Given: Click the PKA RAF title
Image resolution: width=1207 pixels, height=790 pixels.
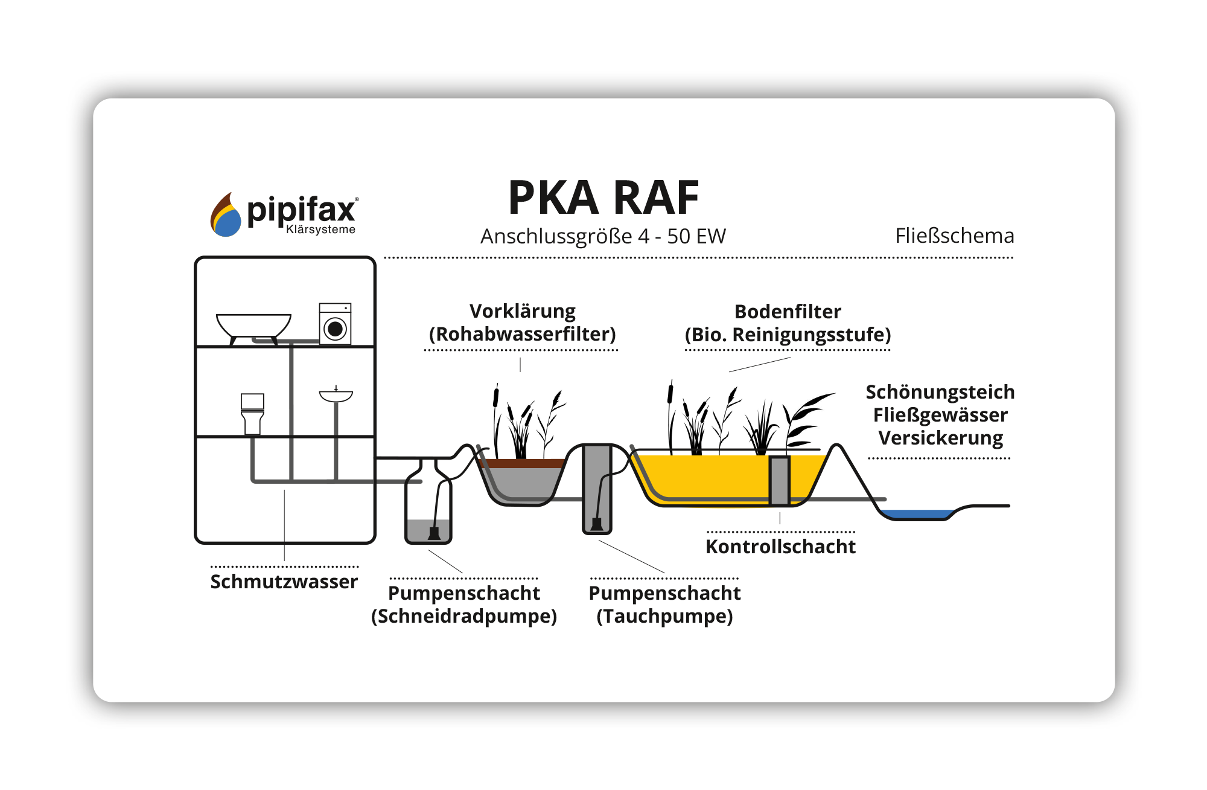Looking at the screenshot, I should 603,198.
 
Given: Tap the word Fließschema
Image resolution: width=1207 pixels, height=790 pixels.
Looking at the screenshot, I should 954,236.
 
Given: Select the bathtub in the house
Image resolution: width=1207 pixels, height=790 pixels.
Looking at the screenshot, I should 253,326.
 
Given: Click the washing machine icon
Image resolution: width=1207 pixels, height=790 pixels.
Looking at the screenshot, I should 335,324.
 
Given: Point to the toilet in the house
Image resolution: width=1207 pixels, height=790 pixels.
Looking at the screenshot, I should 252,413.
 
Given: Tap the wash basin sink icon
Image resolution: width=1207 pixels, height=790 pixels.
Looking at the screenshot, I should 336,396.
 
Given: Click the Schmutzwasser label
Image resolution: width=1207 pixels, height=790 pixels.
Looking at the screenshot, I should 284,582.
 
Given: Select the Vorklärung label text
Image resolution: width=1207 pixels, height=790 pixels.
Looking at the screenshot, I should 523,311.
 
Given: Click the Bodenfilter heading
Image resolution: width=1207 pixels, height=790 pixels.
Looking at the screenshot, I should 788,312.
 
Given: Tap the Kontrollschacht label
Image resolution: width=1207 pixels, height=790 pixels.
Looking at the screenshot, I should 780,547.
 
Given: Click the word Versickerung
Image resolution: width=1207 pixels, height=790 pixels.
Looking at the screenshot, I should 940,438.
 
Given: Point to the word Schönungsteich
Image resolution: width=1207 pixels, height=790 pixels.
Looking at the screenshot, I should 940,392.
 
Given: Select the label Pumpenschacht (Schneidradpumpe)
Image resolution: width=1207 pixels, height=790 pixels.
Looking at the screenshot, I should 464,605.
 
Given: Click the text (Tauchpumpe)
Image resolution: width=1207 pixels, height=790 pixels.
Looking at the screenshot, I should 664,617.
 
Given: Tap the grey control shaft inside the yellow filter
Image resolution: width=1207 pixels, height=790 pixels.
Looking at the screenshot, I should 779,480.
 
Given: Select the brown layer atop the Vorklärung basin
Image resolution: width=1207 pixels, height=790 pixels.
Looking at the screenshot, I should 522,463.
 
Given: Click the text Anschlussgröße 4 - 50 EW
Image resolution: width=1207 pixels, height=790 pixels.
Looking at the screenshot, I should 603,236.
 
